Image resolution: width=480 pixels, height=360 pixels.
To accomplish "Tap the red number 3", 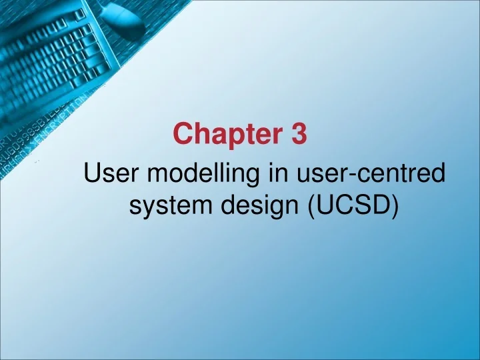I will click(298, 135).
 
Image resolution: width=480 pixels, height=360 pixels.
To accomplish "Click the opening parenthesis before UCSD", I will click(312, 207).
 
